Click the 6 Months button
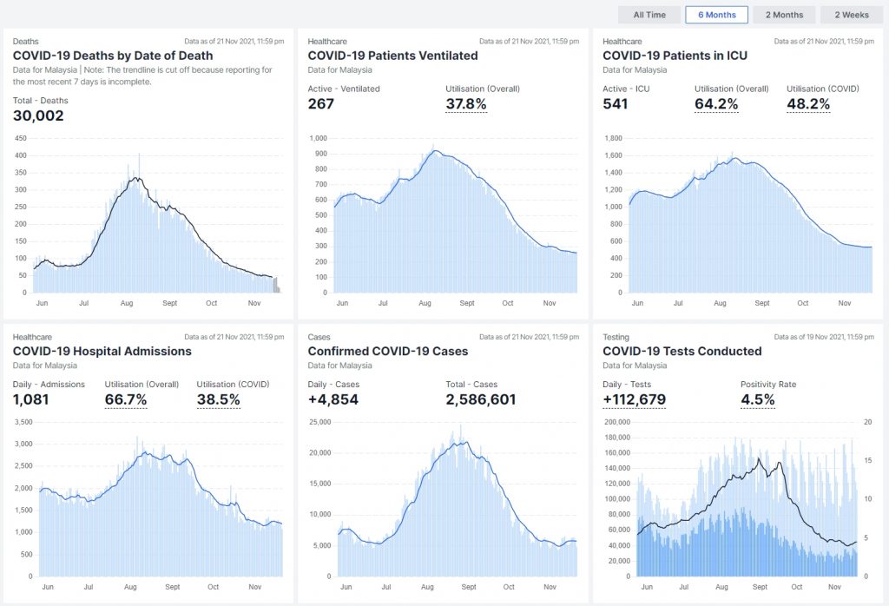716,15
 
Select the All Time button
649,15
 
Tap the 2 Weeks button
852,15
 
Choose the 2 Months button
784,15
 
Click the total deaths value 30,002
38,115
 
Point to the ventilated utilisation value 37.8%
465,104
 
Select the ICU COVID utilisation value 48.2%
808,104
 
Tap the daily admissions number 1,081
31,399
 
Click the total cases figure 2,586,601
481,399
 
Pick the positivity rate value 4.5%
757,399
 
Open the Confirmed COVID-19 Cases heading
388,351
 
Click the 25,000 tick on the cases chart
320,422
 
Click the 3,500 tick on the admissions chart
23,422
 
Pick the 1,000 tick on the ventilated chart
319,138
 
